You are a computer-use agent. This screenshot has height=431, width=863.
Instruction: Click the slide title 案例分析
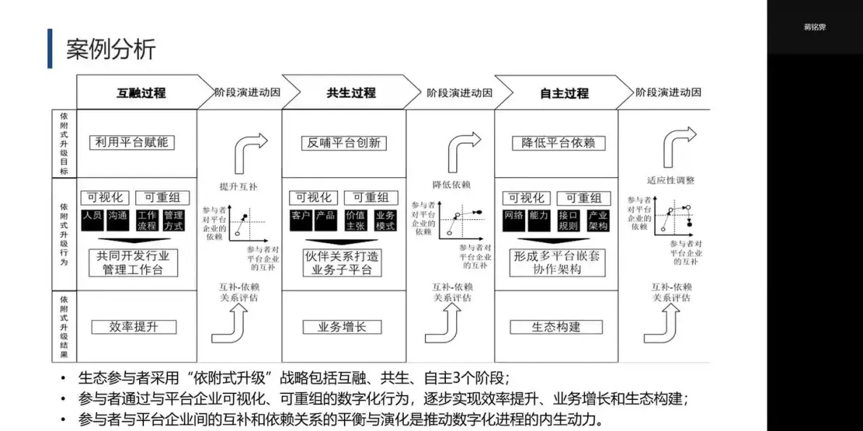point(111,49)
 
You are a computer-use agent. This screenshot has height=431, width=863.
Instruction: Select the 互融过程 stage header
point(141,93)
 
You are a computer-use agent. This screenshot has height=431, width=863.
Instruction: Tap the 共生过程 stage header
point(351,93)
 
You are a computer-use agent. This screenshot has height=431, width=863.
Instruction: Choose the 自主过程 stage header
point(564,93)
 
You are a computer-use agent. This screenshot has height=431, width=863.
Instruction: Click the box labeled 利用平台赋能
point(132,142)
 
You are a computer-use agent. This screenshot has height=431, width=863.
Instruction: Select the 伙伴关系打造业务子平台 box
point(342,263)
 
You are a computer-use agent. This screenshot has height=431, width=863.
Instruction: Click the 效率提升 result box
point(133,327)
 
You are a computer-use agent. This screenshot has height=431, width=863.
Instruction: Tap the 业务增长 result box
point(342,327)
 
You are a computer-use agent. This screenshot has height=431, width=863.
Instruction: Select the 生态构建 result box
point(557,327)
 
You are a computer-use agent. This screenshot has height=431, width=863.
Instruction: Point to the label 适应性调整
point(670,180)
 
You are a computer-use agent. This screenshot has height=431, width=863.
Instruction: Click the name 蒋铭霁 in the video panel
point(814,27)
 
